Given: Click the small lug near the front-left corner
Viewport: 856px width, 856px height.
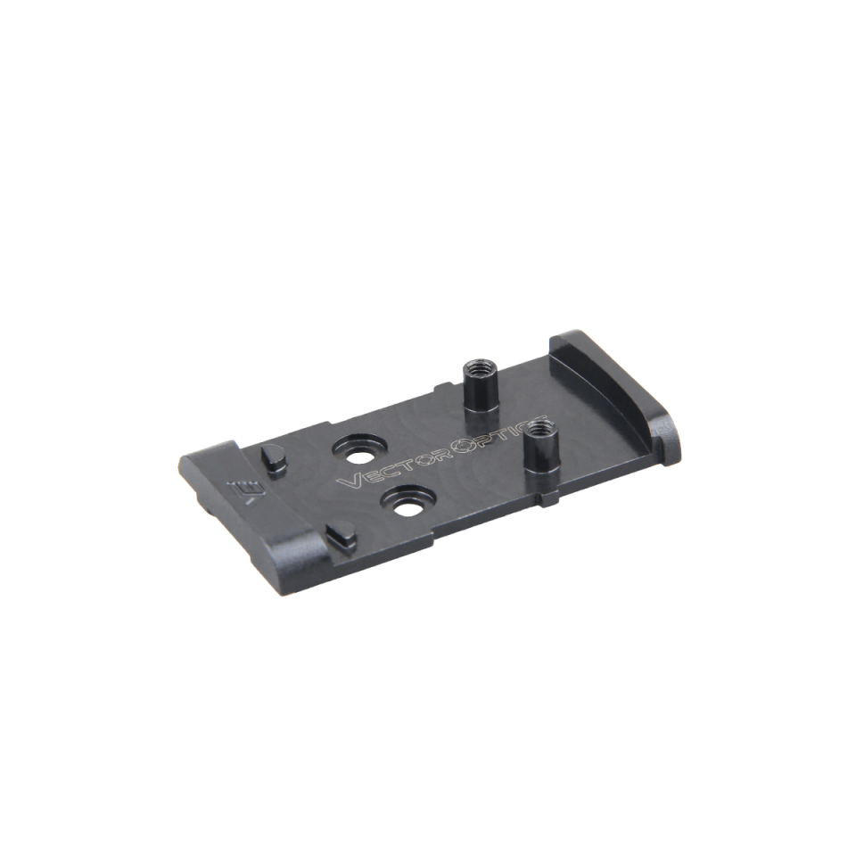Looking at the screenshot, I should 338,535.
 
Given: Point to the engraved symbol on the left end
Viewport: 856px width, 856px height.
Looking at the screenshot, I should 242,488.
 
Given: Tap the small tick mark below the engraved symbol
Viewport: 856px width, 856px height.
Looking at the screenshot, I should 251,501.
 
